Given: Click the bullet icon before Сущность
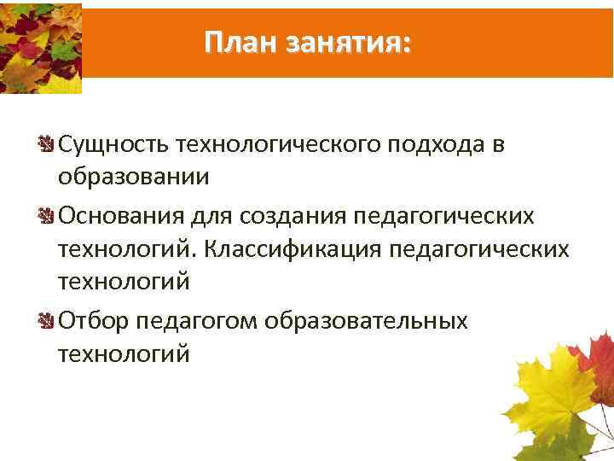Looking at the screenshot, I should pos(48,145).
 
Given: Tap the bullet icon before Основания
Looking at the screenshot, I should pos(48,217).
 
